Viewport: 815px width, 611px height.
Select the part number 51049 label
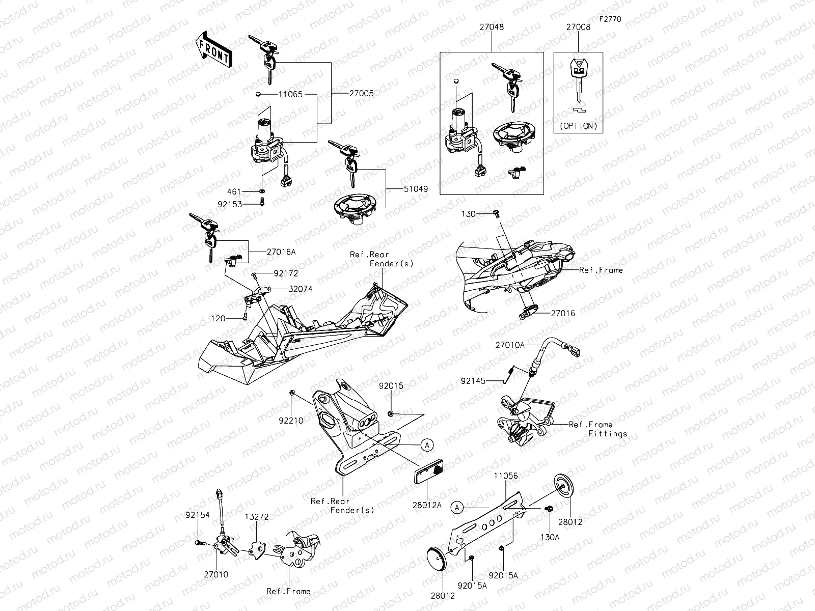pyautogui.click(x=416, y=189)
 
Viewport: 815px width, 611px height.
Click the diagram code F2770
pyautogui.click(x=610, y=19)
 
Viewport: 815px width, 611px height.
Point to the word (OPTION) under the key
pyautogui.click(x=578, y=126)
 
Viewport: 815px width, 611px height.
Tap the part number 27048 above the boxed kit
pyautogui.click(x=491, y=27)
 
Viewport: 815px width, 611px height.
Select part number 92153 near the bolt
pyautogui.click(x=230, y=204)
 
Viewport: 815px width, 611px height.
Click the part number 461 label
pyautogui.click(x=234, y=192)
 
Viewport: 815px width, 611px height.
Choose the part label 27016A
pyautogui.click(x=280, y=251)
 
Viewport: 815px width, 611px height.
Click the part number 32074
pyautogui.click(x=300, y=289)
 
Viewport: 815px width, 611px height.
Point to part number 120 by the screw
pyautogui.click(x=219, y=318)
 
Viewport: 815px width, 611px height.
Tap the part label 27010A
pyautogui.click(x=510, y=345)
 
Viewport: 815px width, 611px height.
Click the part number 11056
pyautogui.click(x=505, y=476)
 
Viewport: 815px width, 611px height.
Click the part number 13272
pyautogui.click(x=256, y=516)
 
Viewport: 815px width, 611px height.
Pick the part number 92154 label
pyautogui.click(x=197, y=515)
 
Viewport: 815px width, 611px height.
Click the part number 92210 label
pyautogui.click(x=291, y=421)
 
